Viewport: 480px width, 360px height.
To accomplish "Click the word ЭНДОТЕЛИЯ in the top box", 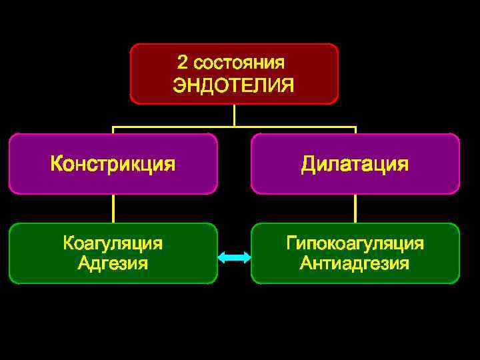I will (233, 85).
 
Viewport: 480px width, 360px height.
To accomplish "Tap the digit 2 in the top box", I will (182, 63).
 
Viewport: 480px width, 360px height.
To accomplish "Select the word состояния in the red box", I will (239, 63).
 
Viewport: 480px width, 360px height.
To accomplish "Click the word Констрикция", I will (113, 164).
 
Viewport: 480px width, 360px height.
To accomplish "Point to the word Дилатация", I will (355, 164).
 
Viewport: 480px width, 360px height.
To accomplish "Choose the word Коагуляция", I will (113, 243).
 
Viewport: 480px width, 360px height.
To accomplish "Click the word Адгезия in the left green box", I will (113, 263).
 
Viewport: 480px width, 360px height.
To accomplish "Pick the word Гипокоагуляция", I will (355, 243).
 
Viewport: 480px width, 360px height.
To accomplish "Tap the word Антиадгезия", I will (355, 263).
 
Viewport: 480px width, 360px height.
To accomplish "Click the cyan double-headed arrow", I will (234, 257).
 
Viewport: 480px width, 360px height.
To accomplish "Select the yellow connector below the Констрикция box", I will (113, 208).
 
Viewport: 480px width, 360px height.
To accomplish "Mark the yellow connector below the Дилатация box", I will (355, 208).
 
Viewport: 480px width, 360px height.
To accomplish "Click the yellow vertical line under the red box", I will (234, 115).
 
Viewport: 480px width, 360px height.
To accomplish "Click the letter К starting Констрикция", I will (57, 164).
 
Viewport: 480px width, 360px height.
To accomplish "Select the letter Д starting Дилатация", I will (308, 164).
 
